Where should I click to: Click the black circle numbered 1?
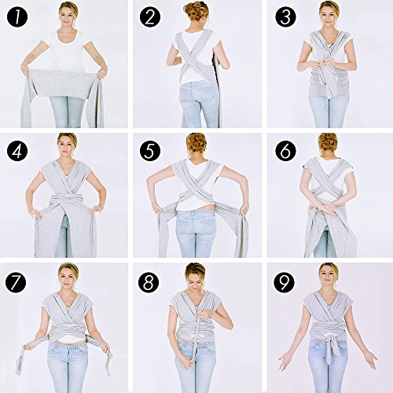(x=17, y=17)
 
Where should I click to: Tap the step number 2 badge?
(x=150, y=17)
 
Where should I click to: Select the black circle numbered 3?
(x=285, y=17)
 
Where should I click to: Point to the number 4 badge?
(x=17, y=150)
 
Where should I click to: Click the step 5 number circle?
(x=150, y=150)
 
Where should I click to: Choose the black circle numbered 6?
(x=285, y=150)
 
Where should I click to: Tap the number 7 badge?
(x=16, y=281)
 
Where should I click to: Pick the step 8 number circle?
(x=149, y=282)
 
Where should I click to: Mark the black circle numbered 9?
(x=285, y=282)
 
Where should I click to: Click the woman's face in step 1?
(x=68, y=17)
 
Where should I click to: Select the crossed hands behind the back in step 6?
(x=328, y=208)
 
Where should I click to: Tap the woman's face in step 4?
(x=68, y=147)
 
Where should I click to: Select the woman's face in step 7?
(x=68, y=277)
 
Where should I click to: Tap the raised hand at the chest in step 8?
(x=207, y=312)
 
